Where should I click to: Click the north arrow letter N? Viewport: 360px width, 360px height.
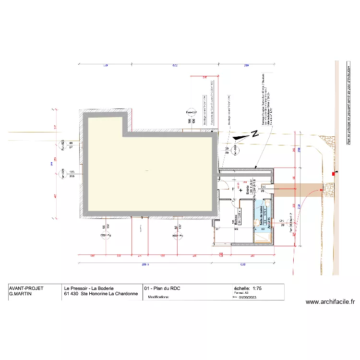[255, 135]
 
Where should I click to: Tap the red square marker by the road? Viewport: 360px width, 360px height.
[334, 173]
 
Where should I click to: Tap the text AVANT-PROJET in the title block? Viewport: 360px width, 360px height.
[26, 288]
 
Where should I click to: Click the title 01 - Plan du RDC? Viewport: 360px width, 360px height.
[162, 288]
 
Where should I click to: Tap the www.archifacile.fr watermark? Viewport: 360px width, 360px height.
[330, 302]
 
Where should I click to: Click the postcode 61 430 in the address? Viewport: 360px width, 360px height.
[70, 294]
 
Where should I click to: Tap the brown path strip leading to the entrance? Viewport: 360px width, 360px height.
[298, 187]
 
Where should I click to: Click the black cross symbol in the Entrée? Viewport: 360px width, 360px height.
[241, 190]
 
